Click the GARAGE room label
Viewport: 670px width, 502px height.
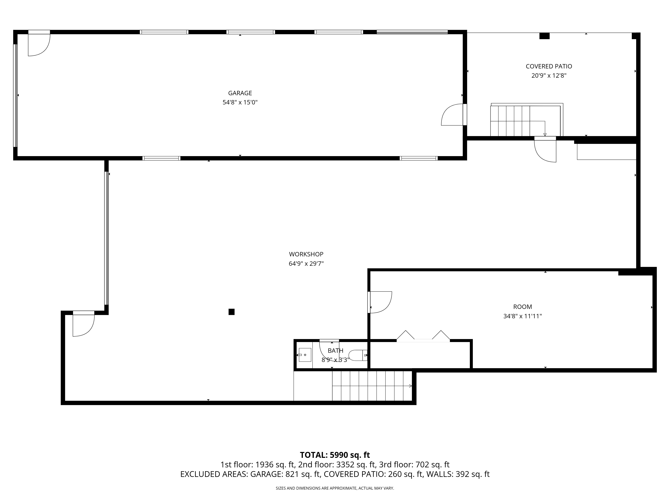(x=240, y=93)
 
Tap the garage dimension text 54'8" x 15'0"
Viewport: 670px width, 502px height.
(x=240, y=102)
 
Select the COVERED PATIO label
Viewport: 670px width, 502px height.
(x=549, y=66)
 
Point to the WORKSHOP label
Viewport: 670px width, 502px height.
(x=306, y=254)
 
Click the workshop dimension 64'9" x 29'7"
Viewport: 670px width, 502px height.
(x=306, y=264)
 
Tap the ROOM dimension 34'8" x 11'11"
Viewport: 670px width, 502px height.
(x=522, y=316)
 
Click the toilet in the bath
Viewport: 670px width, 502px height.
(x=358, y=355)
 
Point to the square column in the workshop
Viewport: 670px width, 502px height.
(x=231, y=312)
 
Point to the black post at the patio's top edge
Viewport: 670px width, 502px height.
(x=544, y=36)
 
